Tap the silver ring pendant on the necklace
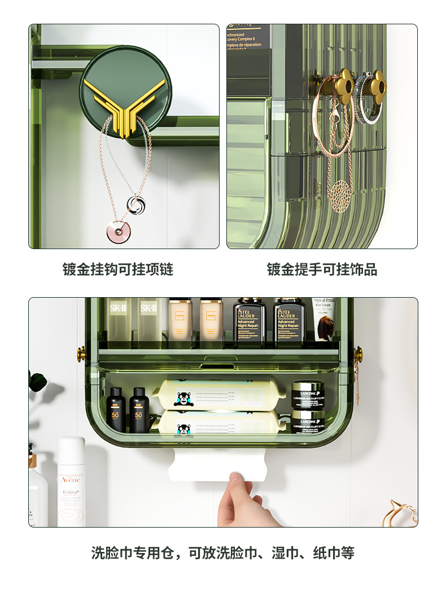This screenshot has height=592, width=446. click(x=134, y=204)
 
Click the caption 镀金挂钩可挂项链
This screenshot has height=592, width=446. click(x=117, y=269)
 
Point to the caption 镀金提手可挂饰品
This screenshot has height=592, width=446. click(x=322, y=269)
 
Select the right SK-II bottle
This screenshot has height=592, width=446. click(x=148, y=322)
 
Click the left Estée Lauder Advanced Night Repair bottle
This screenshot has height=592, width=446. click(x=249, y=322)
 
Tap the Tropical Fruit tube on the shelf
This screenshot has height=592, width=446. click(x=324, y=319)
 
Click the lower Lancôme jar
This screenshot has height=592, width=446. click(x=307, y=422)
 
